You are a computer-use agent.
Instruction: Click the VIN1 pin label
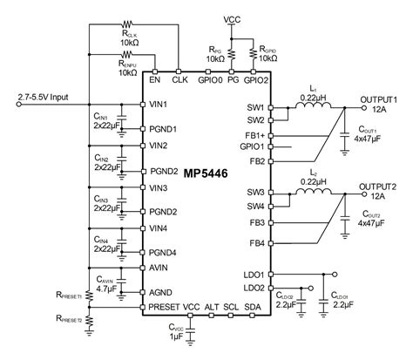(x=158, y=105)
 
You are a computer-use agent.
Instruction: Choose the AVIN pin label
(x=159, y=270)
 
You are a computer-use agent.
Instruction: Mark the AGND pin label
(x=159, y=290)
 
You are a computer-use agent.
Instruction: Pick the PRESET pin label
(x=164, y=307)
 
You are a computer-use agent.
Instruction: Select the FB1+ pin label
(x=254, y=135)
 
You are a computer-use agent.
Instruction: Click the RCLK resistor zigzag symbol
(x=132, y=25)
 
